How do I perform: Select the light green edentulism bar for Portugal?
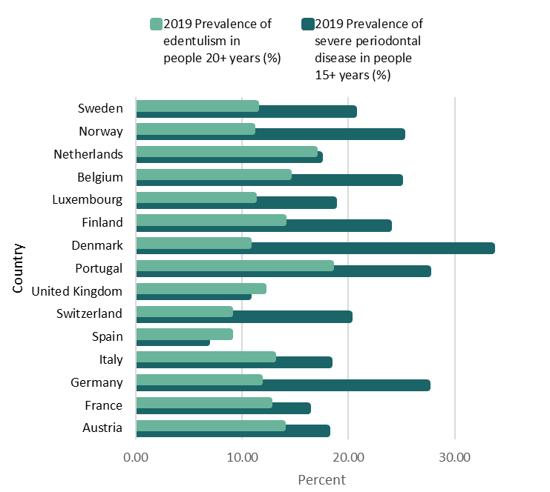pos(235,265)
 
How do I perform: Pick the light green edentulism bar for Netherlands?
pos(226,150)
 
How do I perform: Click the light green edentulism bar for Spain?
pos(184,333)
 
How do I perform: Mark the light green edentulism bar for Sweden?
pos(197,105)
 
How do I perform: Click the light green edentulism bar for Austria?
pos(211,425)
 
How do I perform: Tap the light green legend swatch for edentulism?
pos(156,24)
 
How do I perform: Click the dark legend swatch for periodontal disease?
pos(307,24)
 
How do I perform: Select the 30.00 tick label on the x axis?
pos(454,457)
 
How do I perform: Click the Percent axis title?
pos(321,479)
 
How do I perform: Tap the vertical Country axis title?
pos(19,267)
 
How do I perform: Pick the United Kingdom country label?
pos(77,290)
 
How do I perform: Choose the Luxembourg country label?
pos(88,199)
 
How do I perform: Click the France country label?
pos(104,405)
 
